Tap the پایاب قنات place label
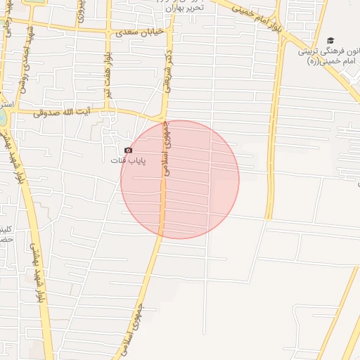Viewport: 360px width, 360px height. pos(128,161)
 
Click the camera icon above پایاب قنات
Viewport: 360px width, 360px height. pos(128,150)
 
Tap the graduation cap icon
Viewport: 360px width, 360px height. pos(330,41)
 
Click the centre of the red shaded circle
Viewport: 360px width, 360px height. pos(180,179)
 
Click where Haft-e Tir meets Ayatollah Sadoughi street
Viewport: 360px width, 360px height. pos(108,110)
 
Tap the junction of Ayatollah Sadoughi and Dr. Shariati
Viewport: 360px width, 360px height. pos(163,118)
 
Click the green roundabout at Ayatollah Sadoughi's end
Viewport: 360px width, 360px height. pos(3,116)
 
